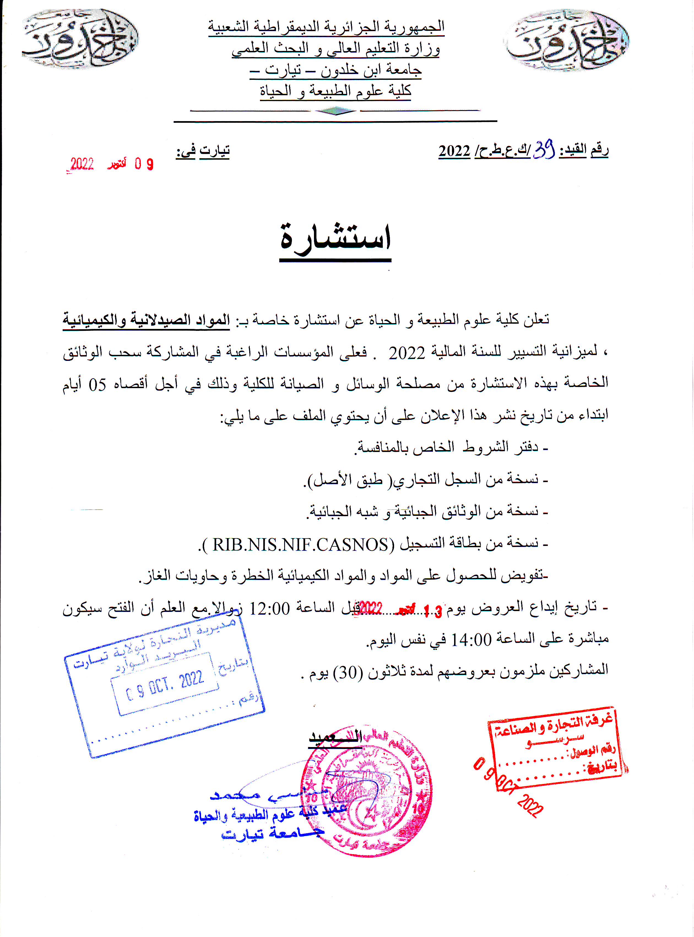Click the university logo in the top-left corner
tap(80, 39)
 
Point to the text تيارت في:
tap(203, 151)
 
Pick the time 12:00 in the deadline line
tap(270, 608)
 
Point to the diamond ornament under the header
tap(335, 111)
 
